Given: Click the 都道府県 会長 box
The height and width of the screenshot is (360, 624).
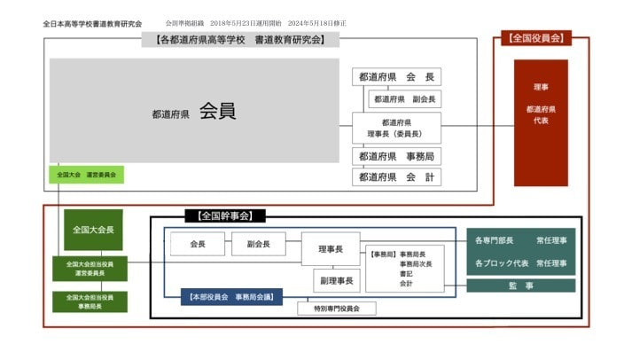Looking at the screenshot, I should click(396, 77).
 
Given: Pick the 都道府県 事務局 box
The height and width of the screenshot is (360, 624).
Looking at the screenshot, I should click(396, 156).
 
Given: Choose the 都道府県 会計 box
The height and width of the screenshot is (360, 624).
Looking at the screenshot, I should click(396, 177).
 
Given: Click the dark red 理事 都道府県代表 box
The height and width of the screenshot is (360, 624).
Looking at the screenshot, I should click(541, 122).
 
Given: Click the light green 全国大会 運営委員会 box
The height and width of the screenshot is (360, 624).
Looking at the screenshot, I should click(86, 175).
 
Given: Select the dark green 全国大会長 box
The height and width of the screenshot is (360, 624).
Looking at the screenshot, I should click(93, 230).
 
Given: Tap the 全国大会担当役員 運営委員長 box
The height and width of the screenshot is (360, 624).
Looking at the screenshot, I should click(89, 269).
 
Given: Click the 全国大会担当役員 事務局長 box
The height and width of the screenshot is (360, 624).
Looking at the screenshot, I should click(89, 301).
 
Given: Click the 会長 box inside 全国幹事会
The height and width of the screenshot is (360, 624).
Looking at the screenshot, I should click(197, 244).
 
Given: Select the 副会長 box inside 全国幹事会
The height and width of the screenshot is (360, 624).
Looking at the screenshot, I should click(258, 244).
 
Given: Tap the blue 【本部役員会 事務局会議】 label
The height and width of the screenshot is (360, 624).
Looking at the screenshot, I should click(231, 297).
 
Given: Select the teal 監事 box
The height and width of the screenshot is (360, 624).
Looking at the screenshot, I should click(521, 286).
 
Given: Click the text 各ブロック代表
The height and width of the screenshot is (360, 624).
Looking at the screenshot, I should click(502, 263).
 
